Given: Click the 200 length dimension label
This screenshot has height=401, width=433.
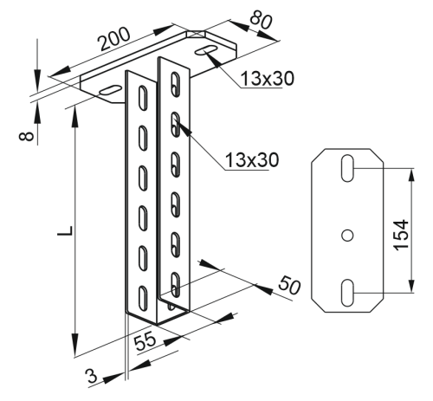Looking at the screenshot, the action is (x=113, y=39).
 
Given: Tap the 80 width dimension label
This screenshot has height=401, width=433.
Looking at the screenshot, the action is (x=261, y=21).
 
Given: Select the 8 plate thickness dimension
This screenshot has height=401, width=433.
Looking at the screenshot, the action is (x=27, y=136).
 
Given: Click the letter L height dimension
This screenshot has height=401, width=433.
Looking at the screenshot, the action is (x=65, y=230).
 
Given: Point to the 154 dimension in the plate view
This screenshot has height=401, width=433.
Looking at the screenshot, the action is (x=402, y=235).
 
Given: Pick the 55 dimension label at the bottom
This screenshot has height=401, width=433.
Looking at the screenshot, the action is (x=145, y=341).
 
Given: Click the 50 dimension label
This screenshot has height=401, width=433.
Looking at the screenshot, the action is (x=289, y=285).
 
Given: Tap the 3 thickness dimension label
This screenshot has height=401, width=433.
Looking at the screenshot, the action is (x=92, y=377).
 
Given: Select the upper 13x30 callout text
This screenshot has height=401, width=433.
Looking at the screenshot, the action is (x=268, y=78).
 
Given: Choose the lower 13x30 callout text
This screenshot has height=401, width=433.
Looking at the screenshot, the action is (x=252, y=159).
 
